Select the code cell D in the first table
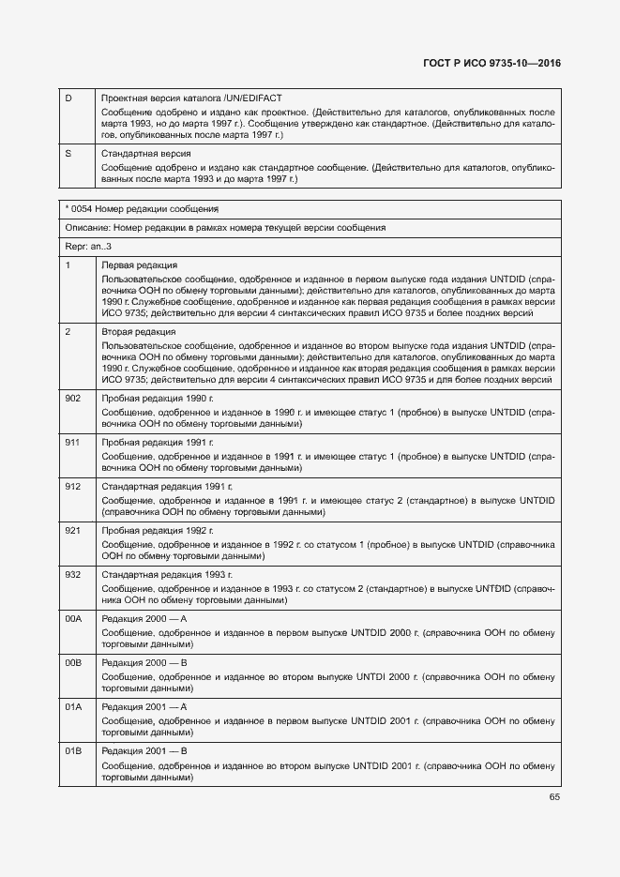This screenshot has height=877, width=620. click(x=68, y=98)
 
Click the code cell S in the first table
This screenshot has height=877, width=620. click(x=68, y=153)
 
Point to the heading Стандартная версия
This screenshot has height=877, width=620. click(x=146, y=153)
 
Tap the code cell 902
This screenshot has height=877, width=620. click(x=72, y=398)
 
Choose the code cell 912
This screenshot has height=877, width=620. click(x=72, y=486)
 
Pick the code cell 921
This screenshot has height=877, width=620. click(x=72, y=530)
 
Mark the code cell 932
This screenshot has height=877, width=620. click(x=72, y=574)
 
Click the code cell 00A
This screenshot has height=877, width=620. click(x=73, y=618)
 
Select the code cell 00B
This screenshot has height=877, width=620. click(x=73, y=662)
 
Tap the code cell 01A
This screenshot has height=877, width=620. click(x=73, y=706)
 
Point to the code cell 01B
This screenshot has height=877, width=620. click(x=73, y=751)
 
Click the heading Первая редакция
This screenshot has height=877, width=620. click(x=140, y=265)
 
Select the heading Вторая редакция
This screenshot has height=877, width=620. click(x=139, y=332)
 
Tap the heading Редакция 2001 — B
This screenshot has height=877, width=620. click(x=145, y=751)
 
